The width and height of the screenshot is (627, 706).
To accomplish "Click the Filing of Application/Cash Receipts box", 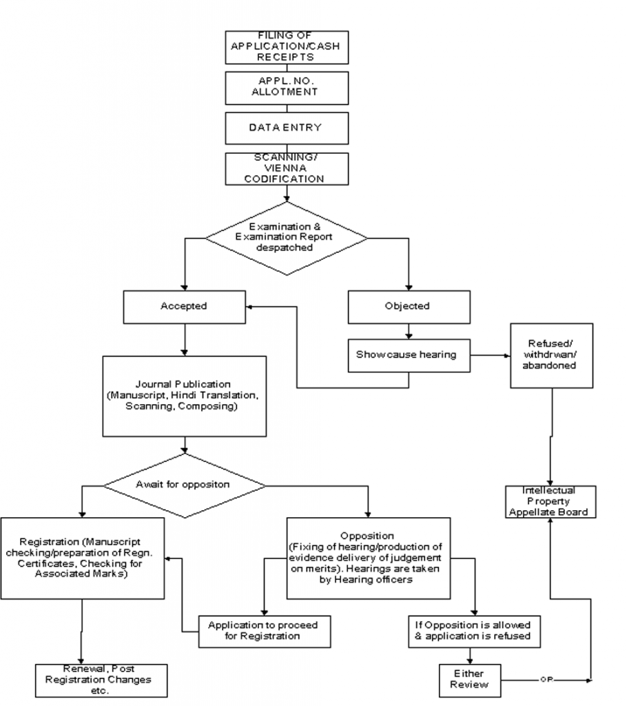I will click(286, 48).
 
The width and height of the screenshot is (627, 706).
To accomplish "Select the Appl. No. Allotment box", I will click(286, 86).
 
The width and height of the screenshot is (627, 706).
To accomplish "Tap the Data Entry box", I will click(286, 127).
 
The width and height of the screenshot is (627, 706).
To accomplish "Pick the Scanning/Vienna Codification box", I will click(286, 169).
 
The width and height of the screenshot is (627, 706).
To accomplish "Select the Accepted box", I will click(183, 306).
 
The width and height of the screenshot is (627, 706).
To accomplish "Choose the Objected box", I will click(408, 306).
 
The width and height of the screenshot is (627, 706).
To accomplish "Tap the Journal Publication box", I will click(183, 396).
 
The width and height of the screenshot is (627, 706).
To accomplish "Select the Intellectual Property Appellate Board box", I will click(549, 501).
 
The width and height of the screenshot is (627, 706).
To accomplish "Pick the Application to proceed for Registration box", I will click(263, 630).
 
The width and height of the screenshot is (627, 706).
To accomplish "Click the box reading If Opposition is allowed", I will click(473, 630).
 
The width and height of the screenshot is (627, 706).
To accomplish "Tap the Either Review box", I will click(470, 678).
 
